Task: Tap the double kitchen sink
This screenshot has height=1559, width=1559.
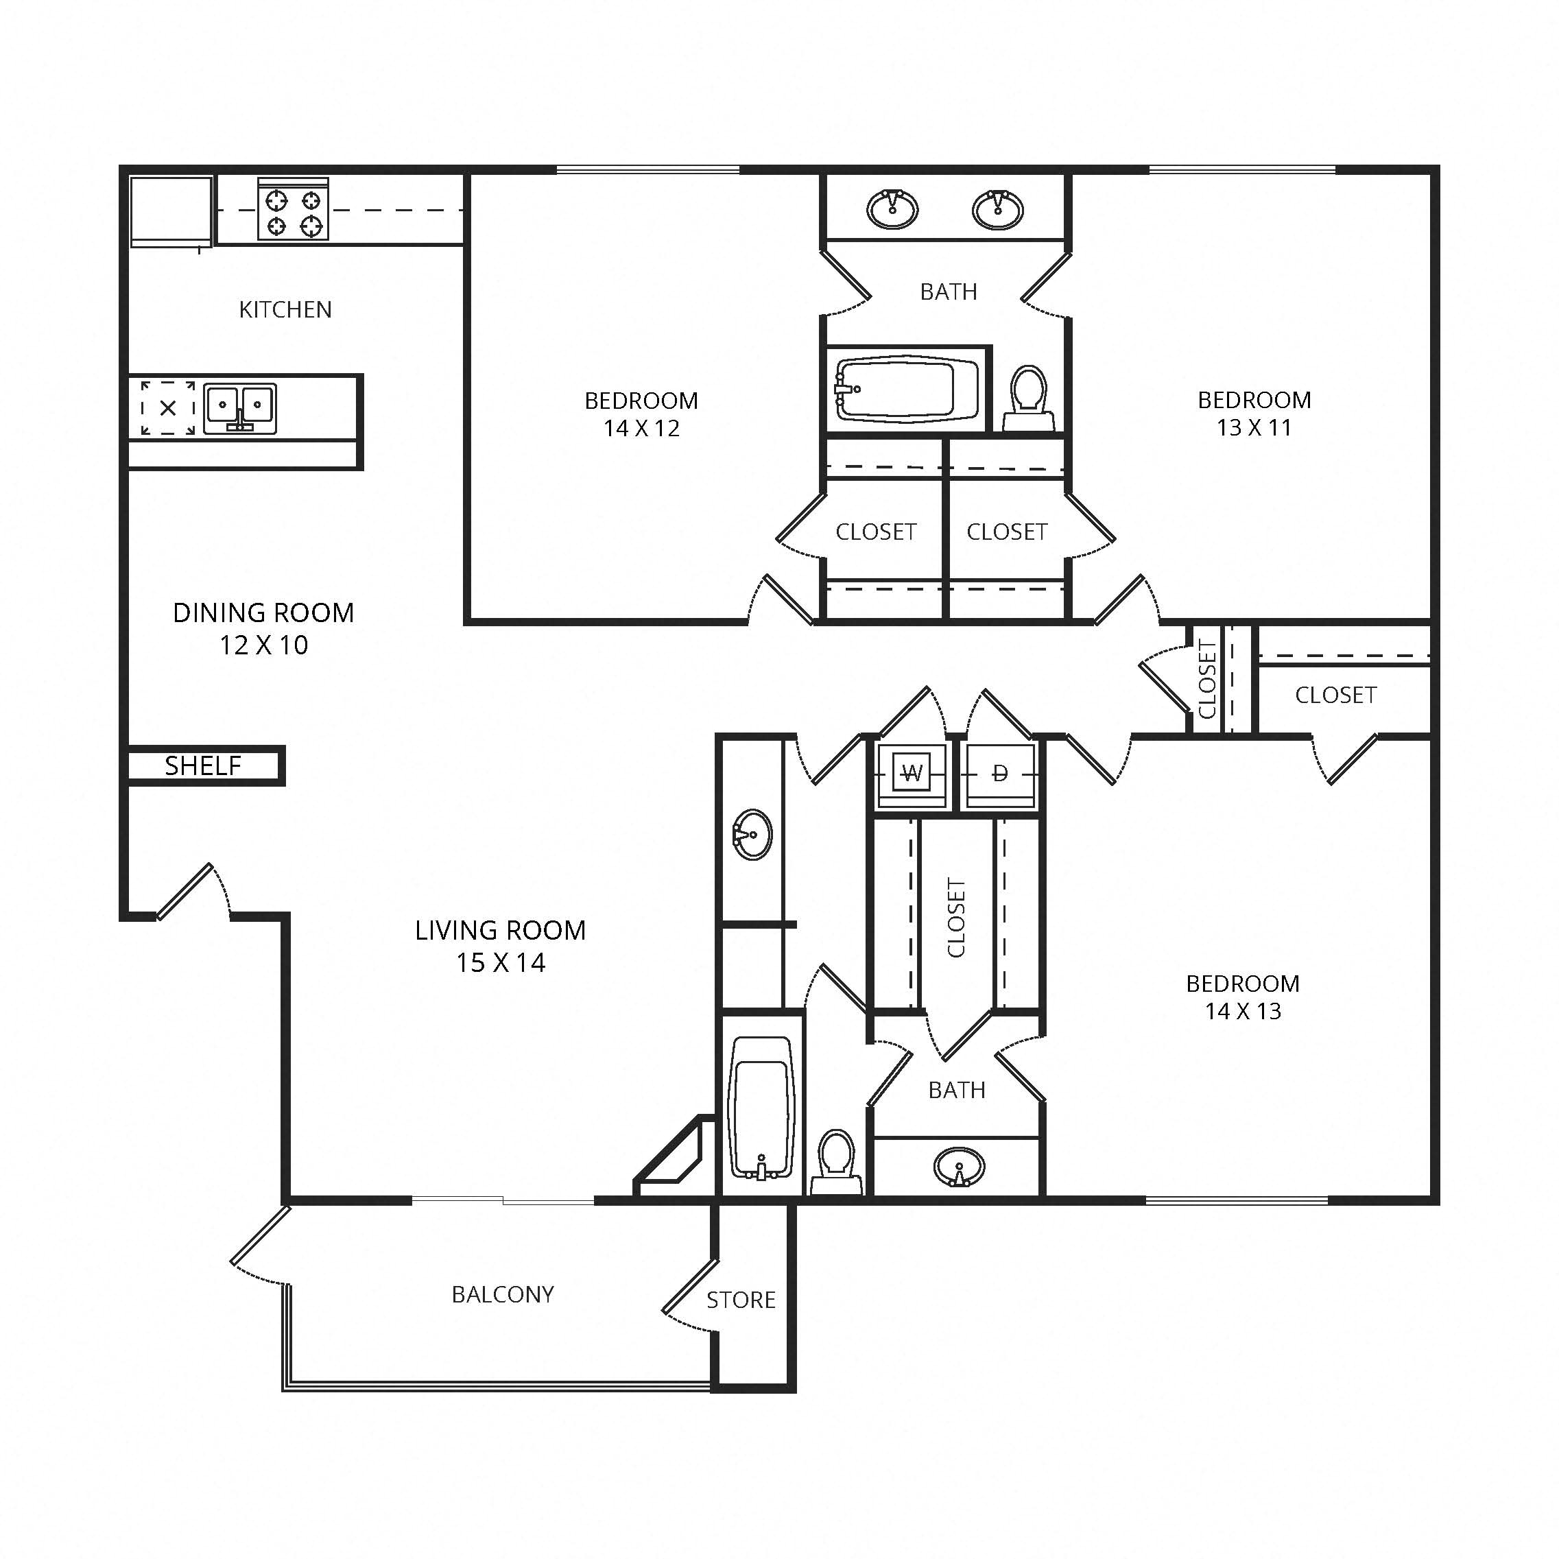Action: [239, 408]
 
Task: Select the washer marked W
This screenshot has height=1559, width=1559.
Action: [912, 774]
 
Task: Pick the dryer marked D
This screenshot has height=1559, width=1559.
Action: [1000, 774]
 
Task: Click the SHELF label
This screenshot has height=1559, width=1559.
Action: [202, 765]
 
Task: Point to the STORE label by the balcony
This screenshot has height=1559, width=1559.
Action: [741, 1300]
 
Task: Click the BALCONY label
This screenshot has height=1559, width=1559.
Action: [503, 1294]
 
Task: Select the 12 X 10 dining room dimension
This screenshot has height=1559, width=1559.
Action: [264, 645]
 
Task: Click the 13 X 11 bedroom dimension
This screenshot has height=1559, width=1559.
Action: [1254, 428]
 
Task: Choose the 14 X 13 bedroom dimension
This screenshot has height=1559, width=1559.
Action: [1243, 1011]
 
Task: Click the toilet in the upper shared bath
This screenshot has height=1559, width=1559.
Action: [1028, 398]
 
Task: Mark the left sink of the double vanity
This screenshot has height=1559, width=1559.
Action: [892, 209]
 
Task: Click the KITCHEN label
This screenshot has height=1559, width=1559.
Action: [285, 310]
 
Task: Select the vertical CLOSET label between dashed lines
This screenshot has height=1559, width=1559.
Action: [956, 918]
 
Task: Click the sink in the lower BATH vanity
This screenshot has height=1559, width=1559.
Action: [959, 1167]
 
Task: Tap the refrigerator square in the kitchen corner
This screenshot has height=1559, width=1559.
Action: [170, 210]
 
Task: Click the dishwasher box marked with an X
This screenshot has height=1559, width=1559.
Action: [168, 408]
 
